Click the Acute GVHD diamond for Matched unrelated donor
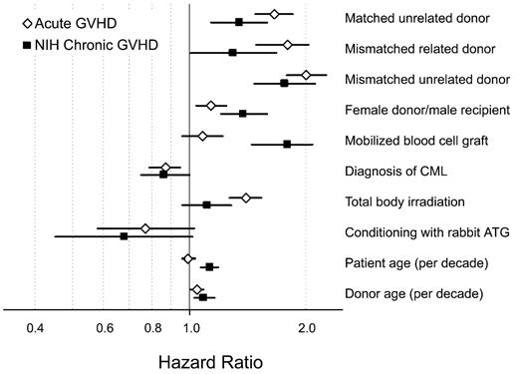tap(275, 15)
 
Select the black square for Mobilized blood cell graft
tap(287, 145)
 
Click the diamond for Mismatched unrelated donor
tap(306, 75)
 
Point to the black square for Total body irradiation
tap(207, 204)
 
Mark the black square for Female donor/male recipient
tap(242, 114)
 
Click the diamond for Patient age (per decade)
tap(188, 258)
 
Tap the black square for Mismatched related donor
tap(232, 52)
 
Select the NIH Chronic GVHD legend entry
tap(79, 44)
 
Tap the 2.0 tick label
tap(306, 326)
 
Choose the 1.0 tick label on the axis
tap(189, 326)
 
